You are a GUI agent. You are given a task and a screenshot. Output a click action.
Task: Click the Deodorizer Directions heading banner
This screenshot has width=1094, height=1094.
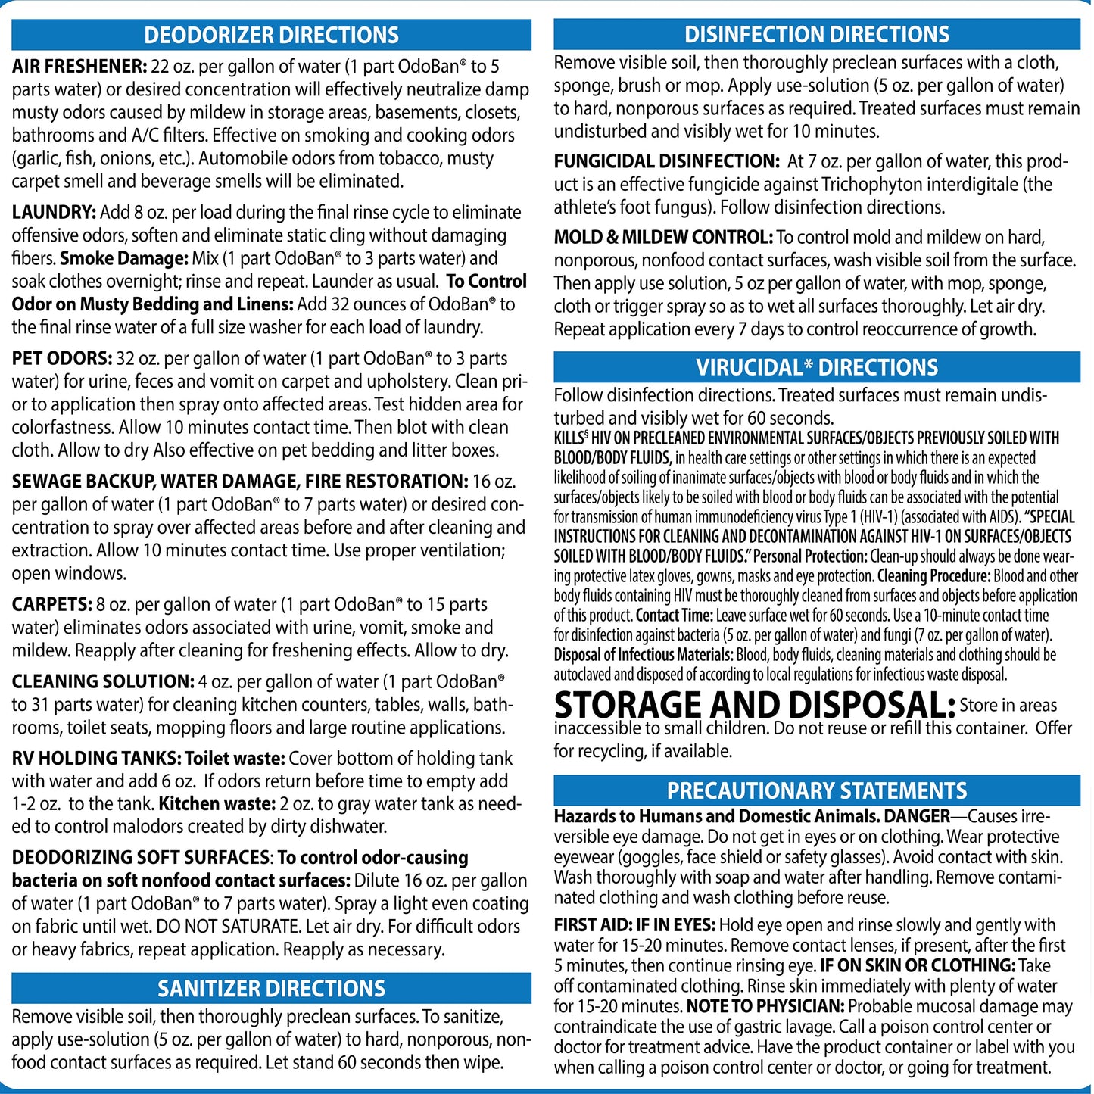click(x=271, y=35)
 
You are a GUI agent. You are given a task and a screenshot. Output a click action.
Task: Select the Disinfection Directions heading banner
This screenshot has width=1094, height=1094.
click(x=816, y=34)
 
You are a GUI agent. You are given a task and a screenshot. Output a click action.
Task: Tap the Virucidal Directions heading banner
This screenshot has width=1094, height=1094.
click(x=816, y=367)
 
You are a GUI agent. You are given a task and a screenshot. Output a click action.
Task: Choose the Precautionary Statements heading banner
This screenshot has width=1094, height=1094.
click(x=816, y=790)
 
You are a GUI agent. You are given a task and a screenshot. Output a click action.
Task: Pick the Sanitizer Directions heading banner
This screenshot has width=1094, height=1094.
click(x=271, y=988)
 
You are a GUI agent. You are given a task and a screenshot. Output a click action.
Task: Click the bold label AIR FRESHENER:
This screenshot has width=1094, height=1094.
click(x=79, y=67)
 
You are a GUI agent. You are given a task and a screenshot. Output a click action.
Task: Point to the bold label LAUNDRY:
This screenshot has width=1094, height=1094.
click(x=54, y=213)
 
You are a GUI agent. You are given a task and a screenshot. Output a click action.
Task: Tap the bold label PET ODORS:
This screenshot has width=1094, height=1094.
click(x=62, y=359)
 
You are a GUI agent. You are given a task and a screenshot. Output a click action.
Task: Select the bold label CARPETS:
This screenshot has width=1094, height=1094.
click(x=51, y=605)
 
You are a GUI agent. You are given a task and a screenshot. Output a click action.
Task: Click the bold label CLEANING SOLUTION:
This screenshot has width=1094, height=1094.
click(x=103, y=681)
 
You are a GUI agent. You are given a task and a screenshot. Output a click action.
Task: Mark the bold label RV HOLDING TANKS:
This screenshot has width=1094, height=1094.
click(x=96, y=759)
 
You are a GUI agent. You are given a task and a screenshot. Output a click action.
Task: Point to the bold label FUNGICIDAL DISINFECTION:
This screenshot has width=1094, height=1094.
click(x=666, y=161)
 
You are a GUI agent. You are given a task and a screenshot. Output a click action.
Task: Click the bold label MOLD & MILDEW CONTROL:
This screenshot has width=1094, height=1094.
click(x=663, y=238)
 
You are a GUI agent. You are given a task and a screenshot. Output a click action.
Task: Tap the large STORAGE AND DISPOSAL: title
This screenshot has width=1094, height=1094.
click(x=755, y=706)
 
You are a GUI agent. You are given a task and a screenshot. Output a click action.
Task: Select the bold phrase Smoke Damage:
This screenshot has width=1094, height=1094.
click(x=124, y=259)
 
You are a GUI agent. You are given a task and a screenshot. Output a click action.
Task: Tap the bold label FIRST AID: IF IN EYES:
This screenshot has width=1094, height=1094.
click(x=634, y=925)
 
